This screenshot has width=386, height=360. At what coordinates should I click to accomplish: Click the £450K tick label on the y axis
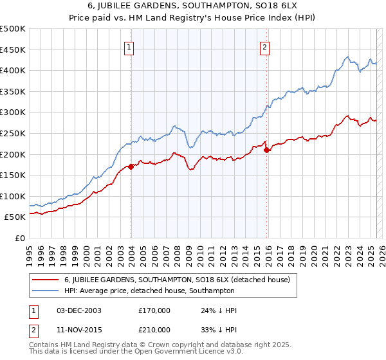[x=13, y=50]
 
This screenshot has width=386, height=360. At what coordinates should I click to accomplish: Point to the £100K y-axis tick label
[x=13, y=196]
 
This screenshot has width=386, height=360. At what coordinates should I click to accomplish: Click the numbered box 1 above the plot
[x=130, y=46]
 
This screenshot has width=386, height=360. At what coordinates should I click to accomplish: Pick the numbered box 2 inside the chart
[x=265, y=46]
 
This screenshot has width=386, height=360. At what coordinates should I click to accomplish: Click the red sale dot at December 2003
[x=131, y=166]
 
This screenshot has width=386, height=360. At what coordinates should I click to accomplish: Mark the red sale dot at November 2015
[x=266, y=150]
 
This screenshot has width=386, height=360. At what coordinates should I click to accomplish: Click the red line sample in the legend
[x=46, y=280]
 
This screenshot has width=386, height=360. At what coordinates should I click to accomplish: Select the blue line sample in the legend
[x=46, y=291]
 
